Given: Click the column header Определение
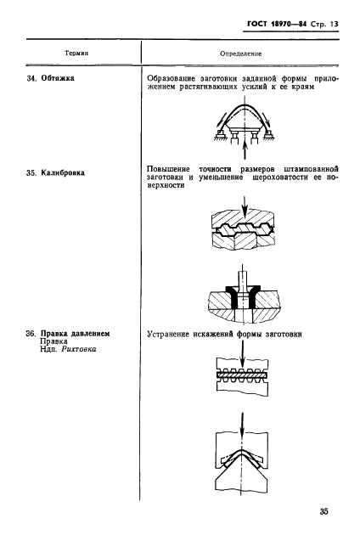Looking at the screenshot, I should (240, 53).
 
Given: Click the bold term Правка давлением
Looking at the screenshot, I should (76, 333).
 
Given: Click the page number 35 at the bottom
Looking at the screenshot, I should (323, 511).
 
